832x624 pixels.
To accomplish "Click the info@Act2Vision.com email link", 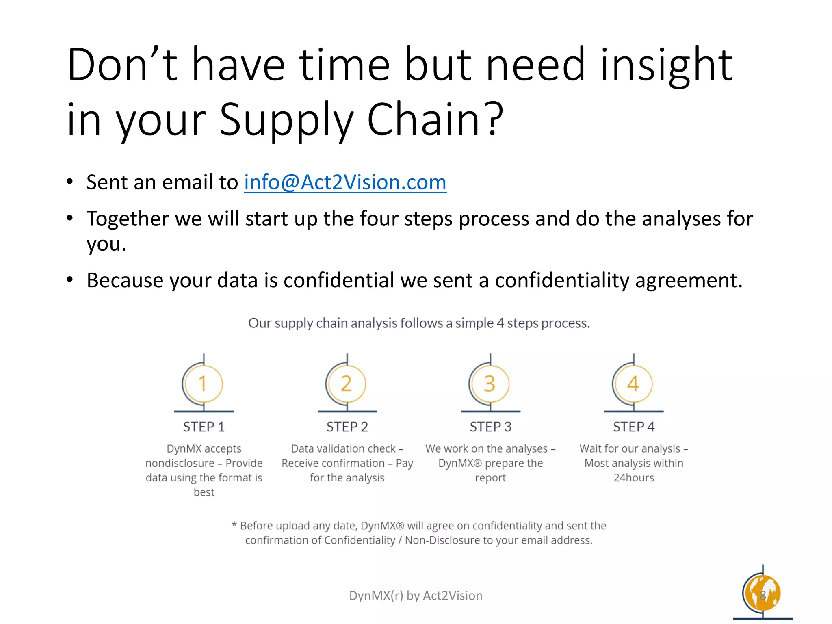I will pos(345,182).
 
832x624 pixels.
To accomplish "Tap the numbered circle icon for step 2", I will pos(347,384).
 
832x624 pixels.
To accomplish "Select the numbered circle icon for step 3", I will pos(490,384).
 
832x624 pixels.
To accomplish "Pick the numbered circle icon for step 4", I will pos(633,384).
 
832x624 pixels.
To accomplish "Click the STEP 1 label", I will pos(204,427).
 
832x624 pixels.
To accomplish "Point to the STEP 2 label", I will pos(347,427).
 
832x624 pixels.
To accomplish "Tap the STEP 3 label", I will pos(490,427).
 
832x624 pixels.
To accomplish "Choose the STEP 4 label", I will pos(634,427).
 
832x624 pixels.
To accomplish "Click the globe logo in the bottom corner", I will pos(763,594).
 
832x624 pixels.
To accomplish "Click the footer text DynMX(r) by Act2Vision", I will pos(416,596).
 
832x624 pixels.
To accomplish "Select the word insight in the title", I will pos(666,65).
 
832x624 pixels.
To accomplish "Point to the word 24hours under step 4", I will pos(634,478).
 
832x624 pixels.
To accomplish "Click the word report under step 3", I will pos(490,478).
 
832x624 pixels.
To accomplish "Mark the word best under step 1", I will pos(204,492).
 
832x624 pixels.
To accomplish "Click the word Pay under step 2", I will pos(404,464).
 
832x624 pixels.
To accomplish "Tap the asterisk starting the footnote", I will pos(234,524).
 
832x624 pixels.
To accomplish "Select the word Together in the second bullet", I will pos(127,219).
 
